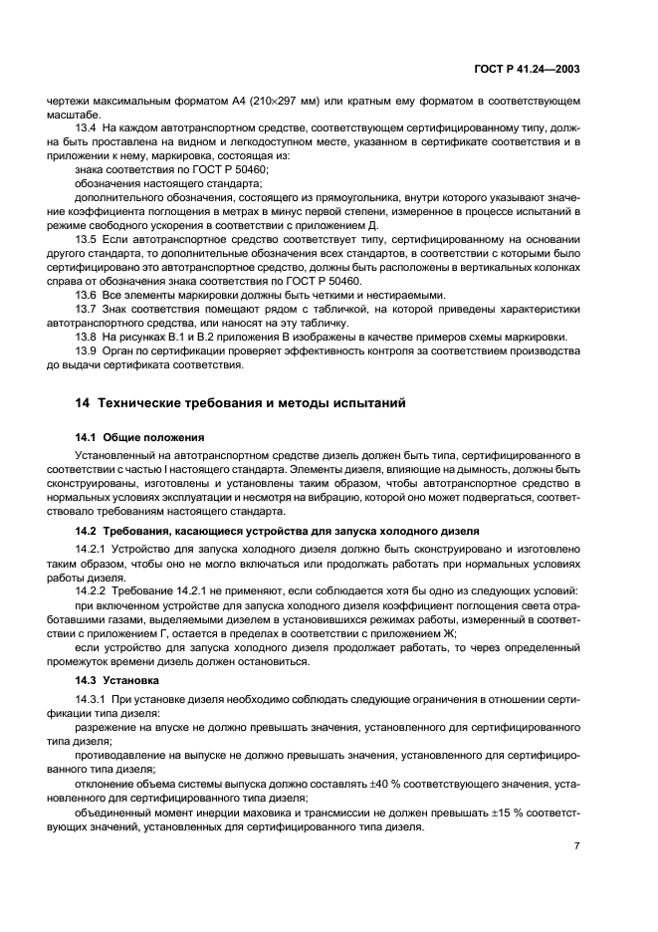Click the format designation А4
pyautogui.click(x=196, y=102)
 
